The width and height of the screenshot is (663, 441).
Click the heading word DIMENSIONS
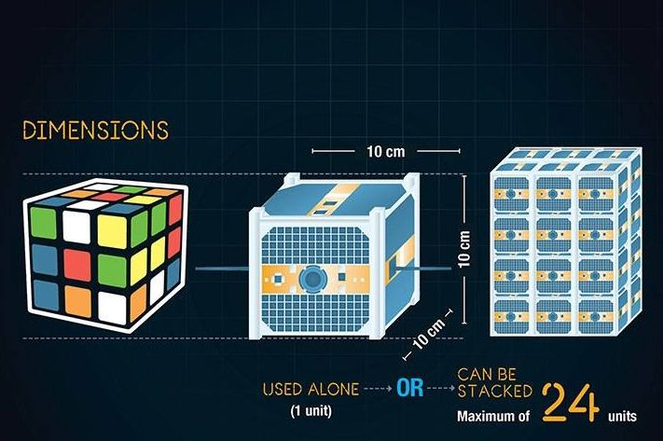pyautogui.click(x=95, y=131)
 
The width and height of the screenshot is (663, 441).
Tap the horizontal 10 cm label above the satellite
pyautogui.click(x=386, y=151)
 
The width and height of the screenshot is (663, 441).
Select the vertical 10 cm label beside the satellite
pyautogui.click(x=464, y=249)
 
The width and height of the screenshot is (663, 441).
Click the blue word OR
pyautogui.click(x=409, y=388)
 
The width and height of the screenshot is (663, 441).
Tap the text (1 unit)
pyautogui.click(x=311, y=410)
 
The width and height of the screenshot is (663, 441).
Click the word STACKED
pyautogui.click(x=495, y=391)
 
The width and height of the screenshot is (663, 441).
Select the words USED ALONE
pyautogui.click(x=311, y=389)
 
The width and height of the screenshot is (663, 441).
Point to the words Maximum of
pyautogui.click(x=493, y=417)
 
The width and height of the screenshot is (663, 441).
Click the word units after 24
pyautogui.click(x=622, y=417)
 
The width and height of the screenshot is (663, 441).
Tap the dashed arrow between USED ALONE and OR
pyautogui.click(x=378, y=388)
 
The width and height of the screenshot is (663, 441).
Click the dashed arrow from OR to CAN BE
pyautogui.click(x=441, y=388)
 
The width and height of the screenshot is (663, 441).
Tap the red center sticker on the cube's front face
pyautogui.click(x=77, y=265)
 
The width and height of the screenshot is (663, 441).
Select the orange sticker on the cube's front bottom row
pyautogui.click(x=77, y=301)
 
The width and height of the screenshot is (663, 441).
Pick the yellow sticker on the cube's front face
pyautogui.click(x=112, y=231)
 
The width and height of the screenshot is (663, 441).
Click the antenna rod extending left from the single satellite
pyautogui.click(x=223, y=269)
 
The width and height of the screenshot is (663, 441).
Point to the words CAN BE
pyautogui.click(x=487, y=375)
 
